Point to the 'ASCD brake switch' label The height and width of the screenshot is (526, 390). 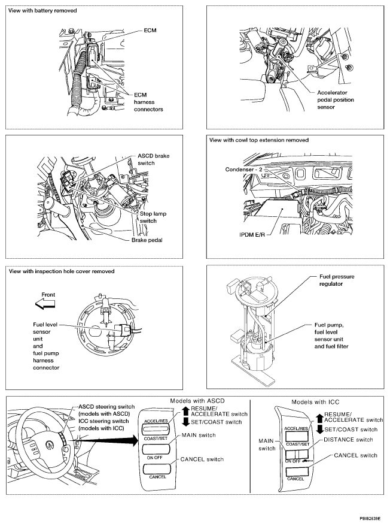pyautogui.click(x=154, y=159)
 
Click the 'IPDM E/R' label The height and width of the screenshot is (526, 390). pyautogui.click(x=249, y=235)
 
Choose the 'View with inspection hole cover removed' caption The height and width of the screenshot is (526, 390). pyautogui.click(x=62, y=271)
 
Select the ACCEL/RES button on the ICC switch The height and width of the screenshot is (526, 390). pyautogui.click(x=296, y=429)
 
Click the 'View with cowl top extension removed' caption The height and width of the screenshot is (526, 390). pyautogui.click(x=259, y=140)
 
